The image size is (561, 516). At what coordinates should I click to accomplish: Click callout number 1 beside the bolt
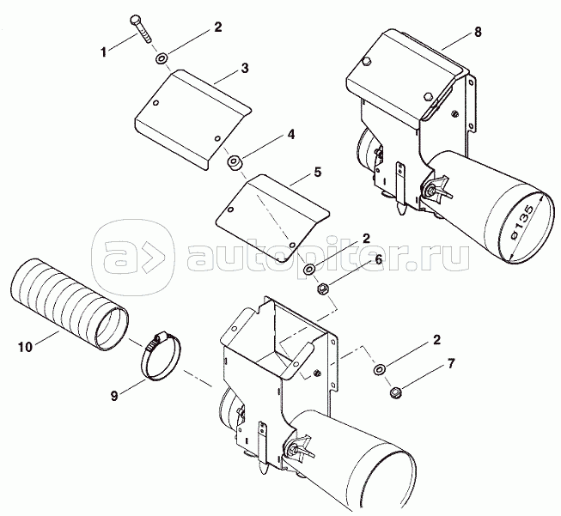103,52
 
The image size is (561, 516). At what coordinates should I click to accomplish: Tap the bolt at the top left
141,29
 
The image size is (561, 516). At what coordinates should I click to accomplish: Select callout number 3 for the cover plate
244,68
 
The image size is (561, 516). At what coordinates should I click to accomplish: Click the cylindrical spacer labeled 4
235,163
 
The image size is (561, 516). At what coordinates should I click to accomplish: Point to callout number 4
291,135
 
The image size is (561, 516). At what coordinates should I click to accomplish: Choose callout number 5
318,172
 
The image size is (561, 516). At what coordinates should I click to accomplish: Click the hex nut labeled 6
323,287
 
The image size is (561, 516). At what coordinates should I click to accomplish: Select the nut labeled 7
395,392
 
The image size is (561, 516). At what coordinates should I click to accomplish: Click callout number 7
451,364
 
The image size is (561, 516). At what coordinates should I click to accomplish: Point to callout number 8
478,32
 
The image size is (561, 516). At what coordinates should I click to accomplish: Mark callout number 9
114,396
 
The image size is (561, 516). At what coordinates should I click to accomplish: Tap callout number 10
25,347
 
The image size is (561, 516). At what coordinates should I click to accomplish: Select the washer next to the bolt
162,58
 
